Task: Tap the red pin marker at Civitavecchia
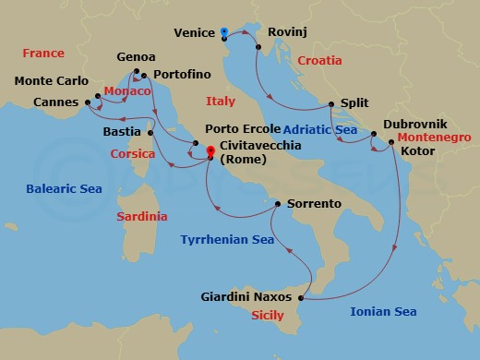(x=210, y=152)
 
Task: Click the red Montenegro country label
(x=434, y=137)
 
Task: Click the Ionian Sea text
(x=383, y=312)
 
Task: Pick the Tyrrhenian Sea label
(x=227, y=239)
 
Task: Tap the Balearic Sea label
(x=63, y=188)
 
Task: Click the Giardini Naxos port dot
(x=302, y=297)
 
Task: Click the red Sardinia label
(x=142, y=217)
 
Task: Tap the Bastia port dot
(x=151, y=133)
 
